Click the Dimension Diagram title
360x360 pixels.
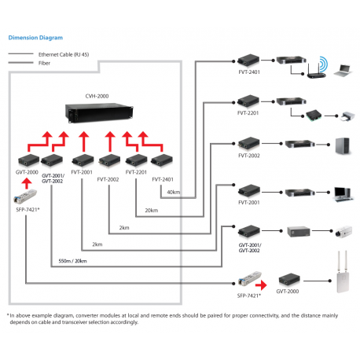tap(35, 37)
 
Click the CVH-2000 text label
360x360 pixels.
tap(97, 95)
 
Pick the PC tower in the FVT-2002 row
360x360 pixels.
tap(340, 146)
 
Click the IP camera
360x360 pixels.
tap(340, 232)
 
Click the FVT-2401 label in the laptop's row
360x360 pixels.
tap(248, 71)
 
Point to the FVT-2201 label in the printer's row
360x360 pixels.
tap(248, 114)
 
